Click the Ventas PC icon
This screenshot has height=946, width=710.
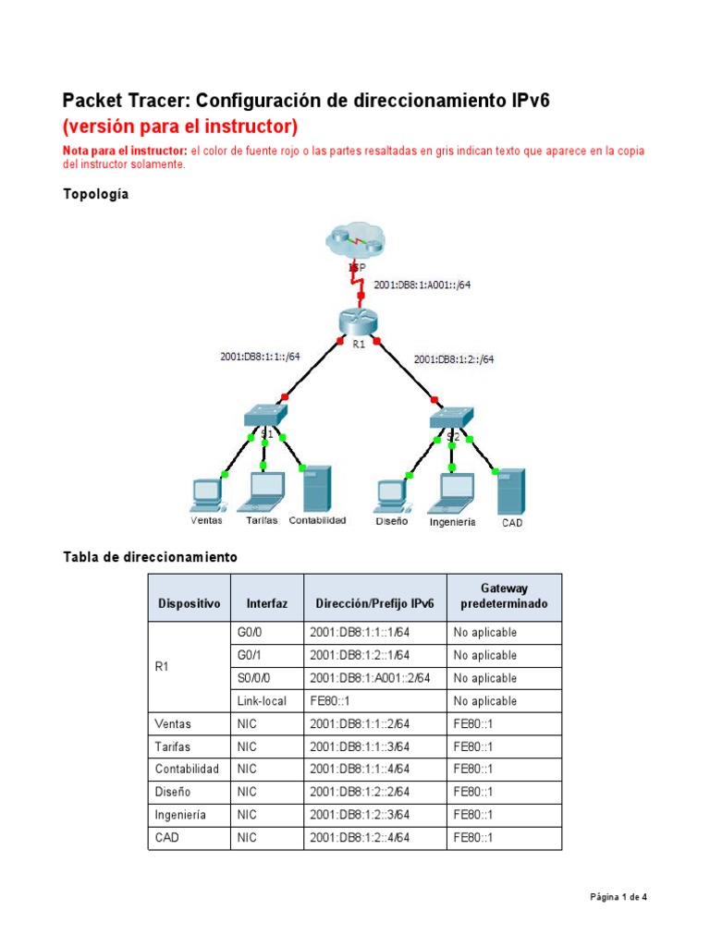coord(204,494)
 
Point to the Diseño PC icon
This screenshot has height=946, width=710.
coord(391,494)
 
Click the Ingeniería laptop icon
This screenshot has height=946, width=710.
coord(451,493)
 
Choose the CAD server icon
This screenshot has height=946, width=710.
coord(511,491)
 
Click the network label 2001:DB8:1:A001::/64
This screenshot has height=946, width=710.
coord(422,285)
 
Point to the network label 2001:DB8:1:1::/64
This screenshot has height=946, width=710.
coord(260,356)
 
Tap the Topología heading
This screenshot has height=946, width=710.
coord(95,194)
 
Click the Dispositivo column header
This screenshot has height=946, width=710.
coord(190,604)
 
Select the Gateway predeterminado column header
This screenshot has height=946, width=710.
coord(503,596)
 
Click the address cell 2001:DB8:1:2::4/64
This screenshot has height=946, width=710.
coord(360,838)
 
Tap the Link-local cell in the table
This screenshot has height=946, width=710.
coord(259,701)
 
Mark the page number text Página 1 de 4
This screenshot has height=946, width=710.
coord(626,896)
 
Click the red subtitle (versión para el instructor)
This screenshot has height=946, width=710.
coord(179,126)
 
